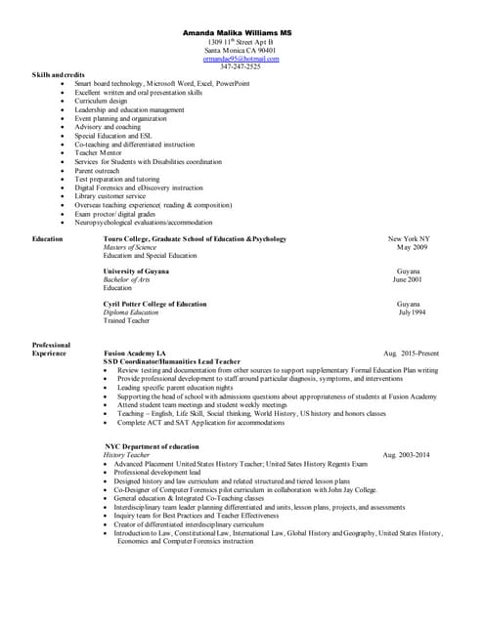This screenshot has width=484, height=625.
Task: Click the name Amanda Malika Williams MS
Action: (x=242, y=33)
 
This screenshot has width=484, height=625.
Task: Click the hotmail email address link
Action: (x=242, y=59)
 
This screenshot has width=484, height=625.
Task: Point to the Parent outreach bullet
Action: (x=104, y=170)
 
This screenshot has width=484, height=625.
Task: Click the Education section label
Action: (x=48, y=239)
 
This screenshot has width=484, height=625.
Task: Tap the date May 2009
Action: (x=411, y=248)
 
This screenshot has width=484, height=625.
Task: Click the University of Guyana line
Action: (x=136, y=271)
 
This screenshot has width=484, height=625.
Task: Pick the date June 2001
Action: (x=409, y=279)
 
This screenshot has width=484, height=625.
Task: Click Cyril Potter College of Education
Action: (x=154, y=304)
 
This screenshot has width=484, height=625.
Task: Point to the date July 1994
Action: (x=412, y=312)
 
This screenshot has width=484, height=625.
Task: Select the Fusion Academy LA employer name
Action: (x=135, y=353)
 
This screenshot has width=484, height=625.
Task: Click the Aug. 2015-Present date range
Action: (x=412, y=353)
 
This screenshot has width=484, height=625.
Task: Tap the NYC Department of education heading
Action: (x=152, y=446)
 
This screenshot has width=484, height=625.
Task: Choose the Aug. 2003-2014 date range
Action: (x=406, y=455)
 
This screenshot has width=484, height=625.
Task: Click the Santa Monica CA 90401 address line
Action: (x=241, y=51)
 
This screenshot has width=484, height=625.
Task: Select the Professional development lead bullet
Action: (x=157, y=473)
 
